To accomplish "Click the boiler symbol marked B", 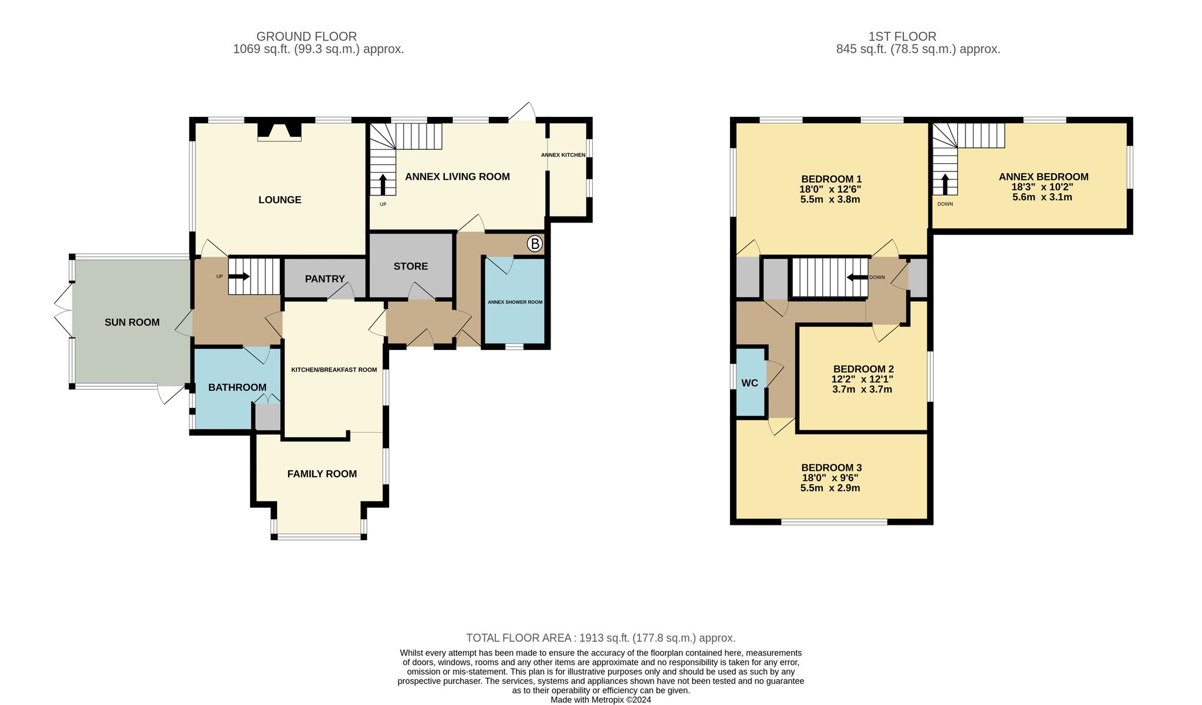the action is click(534, 244).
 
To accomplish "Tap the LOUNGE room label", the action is click(280, 200).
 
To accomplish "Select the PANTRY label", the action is click(325, 279).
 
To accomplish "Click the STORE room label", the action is click(411, 267).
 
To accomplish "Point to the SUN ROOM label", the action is click(132, 322).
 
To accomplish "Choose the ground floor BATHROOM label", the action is click(237, 387).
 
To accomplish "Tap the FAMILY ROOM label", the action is click(322, 474).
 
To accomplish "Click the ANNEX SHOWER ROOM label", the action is click(515, 302).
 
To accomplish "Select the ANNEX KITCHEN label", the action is click(563, 155).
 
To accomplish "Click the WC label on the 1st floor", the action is click(749, 383).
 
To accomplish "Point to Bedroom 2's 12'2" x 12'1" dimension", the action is click(862, 379).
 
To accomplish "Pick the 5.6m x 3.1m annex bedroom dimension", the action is click(1042, 197).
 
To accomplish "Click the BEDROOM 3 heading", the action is click(831, 468).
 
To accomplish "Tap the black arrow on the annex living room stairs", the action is click(383, 184).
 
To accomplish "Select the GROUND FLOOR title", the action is click(306, 36).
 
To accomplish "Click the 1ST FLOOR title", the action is click(902, 36).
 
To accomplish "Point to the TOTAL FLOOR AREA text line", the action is click(600, 638).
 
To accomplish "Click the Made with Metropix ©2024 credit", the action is click(600, 700).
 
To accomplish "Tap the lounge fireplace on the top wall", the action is click(279, 131).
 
